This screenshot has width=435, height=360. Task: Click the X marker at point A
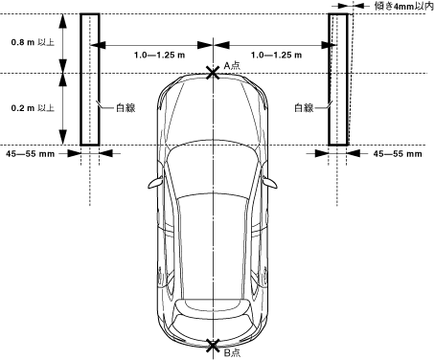click(x=213, y=73)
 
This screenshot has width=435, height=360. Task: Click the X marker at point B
click(x=213, y=346)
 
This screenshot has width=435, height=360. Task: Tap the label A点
click(x=232, y=66)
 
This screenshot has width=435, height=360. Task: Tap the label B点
click(x=232, y=353)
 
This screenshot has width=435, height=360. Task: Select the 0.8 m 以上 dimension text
click(x=33, y=42)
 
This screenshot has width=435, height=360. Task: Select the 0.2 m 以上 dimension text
click(x=33, y=108)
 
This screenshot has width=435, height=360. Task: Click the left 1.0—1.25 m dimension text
click(x=159, y=56)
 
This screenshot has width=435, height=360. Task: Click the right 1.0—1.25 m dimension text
click(x=276, y=56)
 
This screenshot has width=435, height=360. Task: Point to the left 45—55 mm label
click(x=31, y=154)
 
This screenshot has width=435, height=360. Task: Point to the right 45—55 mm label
click(x=398, y=154)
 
